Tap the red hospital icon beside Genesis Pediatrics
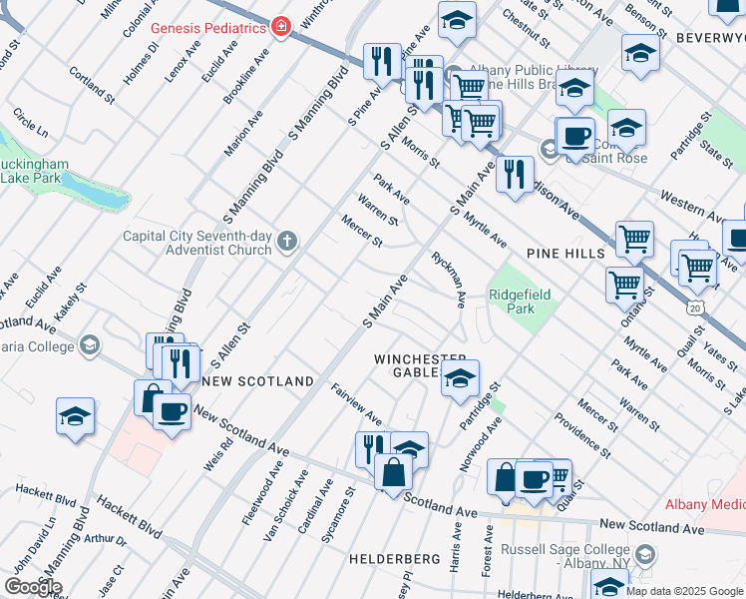click(281, 27)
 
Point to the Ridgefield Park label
click(512, 301)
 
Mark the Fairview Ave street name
click(356, 402)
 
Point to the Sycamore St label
click(345, 505)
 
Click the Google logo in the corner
click(33, 587)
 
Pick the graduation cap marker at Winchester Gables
click(460, 379)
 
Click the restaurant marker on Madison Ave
click(514, 175)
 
